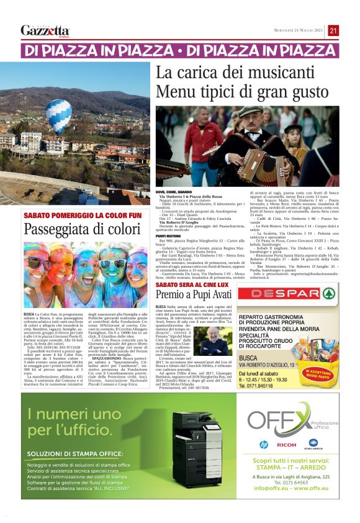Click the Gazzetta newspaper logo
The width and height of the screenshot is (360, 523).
point(45,30)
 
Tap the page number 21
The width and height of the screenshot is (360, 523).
point(333,30)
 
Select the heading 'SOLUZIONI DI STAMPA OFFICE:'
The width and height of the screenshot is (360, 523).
point(88,454)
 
